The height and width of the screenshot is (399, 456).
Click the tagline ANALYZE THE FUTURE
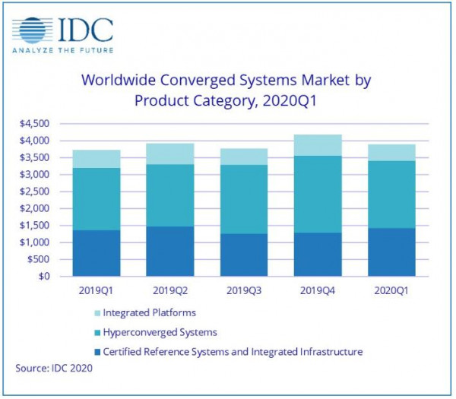pyautogui.click(x=62, y=50)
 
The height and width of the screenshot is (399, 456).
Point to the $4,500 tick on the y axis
pyautogui.click(x=33, y=124)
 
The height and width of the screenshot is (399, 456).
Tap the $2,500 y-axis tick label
pyautogui.click(x=33, y=192)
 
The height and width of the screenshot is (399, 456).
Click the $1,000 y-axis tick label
pyautogui.click(x=33, y=242)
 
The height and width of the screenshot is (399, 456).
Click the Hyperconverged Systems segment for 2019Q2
pyautogui.click(x=171, y=195)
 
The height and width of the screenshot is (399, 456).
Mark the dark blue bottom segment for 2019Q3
pyautogui.click(x=245, y=255)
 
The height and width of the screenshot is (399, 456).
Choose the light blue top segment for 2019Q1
pyautogui.click(x=97, y=159)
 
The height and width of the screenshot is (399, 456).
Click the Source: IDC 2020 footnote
pyautogui.click(x=52, y=369)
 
